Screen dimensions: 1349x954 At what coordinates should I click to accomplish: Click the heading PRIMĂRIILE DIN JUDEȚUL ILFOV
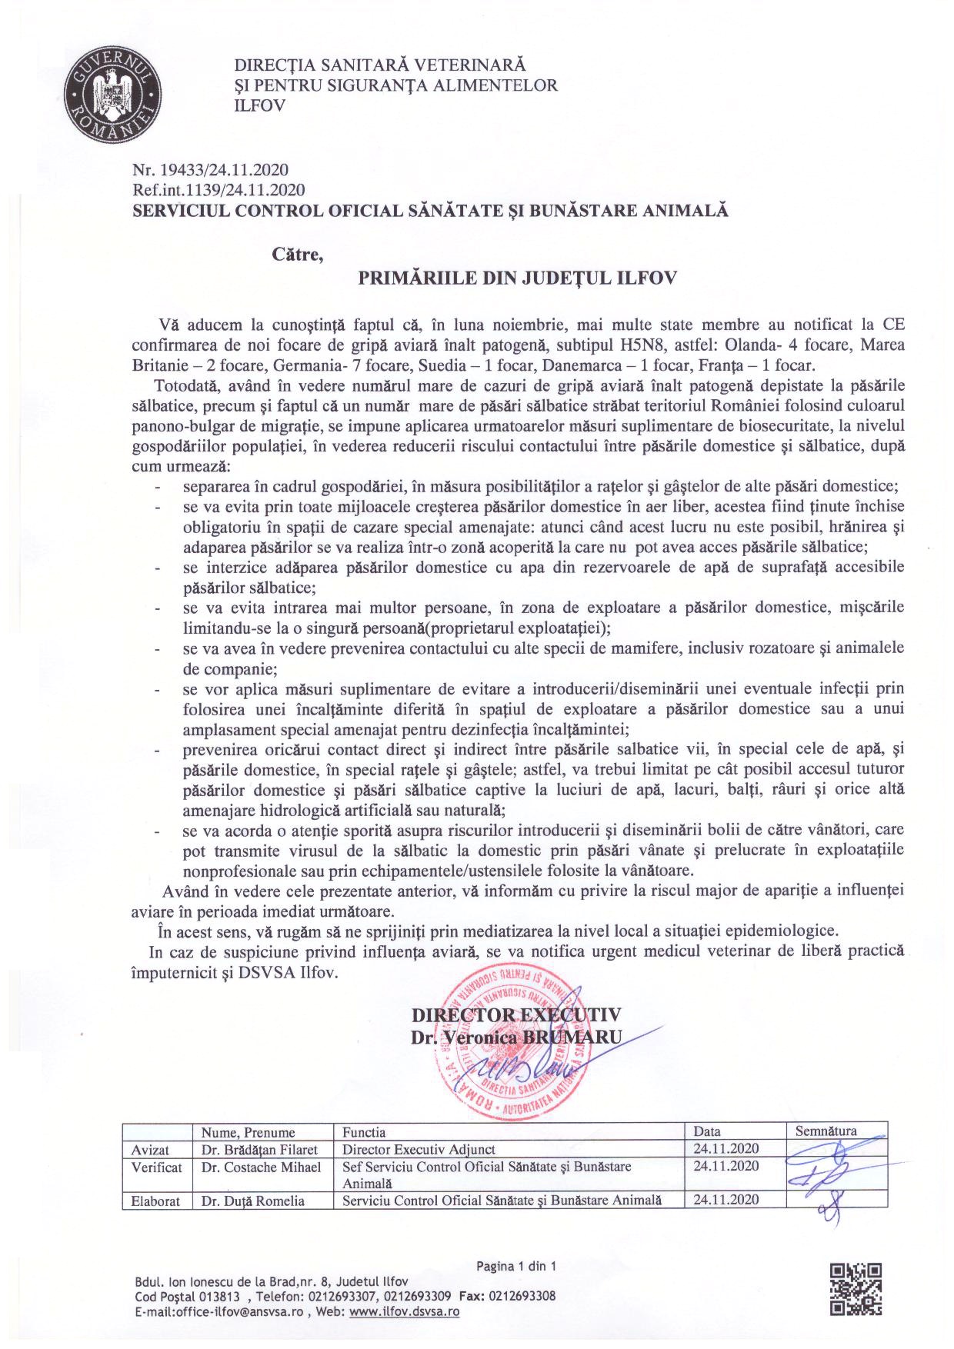coord(518,278)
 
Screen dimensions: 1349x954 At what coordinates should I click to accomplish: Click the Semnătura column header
coord(826,1131)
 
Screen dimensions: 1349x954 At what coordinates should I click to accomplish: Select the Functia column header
coord(365,1132)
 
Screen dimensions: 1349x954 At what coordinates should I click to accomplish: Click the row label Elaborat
coord(155,1201)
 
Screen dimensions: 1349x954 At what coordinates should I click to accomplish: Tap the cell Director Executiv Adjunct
coord(413,1149)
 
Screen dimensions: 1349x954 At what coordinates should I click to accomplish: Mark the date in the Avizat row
coord(726,1149)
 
